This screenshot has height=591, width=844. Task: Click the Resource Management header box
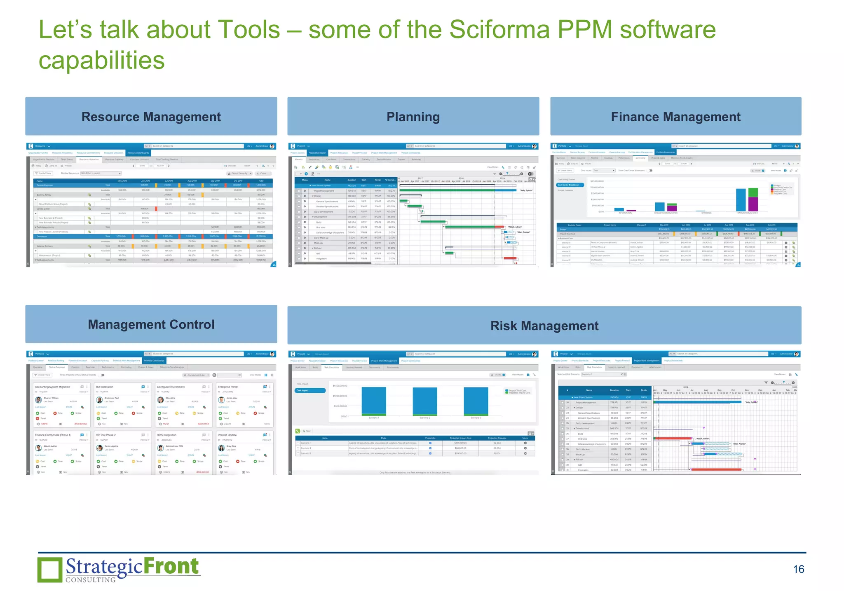151,117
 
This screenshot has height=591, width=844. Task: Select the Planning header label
413,117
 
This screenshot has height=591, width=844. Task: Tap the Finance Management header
675,117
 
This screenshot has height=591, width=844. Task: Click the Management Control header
151,324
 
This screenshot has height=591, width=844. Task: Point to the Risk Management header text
544,326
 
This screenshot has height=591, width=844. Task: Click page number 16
798,569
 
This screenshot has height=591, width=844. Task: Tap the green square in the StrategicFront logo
50,570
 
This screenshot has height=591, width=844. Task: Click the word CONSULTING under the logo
91,580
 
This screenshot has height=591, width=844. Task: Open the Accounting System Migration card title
52,387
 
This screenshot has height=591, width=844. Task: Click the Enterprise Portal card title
228,387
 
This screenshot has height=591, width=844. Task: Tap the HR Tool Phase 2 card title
106,435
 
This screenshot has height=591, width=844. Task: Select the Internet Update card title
227,435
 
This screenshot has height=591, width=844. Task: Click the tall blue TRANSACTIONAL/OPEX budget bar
741,200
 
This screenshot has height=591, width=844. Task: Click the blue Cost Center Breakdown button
570,185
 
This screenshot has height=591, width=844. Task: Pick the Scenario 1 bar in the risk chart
374,401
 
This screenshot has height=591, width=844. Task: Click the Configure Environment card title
171,387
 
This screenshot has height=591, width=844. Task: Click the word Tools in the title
249,30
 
